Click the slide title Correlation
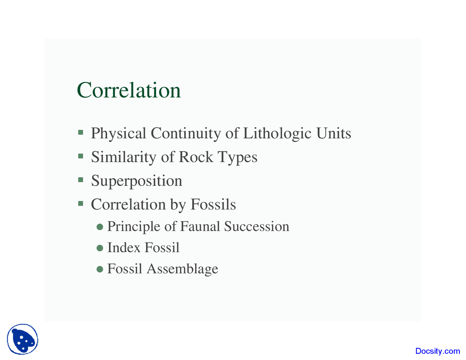click(x=129, y=90)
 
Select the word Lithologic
click(x=277, y=133)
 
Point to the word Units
click(x=333, y=133)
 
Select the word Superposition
click(x=137, y=181)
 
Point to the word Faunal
click(x=200, y=226)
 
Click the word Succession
click(x=257, y=226)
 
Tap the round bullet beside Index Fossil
click(x=100, y=248)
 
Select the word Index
click(x=124, y=248)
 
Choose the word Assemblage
click(x=182, y=269)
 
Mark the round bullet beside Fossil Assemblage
click(x=100, y=269)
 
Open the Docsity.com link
click(x=438, y=351)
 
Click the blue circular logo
click(x=23, y=339)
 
